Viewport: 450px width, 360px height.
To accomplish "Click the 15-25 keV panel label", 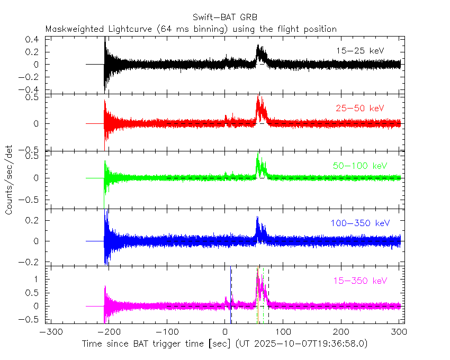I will coord(359,51).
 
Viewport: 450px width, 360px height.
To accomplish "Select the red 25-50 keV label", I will coord(359,109).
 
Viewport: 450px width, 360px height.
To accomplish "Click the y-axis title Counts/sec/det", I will coord(10,181).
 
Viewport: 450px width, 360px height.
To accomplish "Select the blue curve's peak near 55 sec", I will coord(257,218).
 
